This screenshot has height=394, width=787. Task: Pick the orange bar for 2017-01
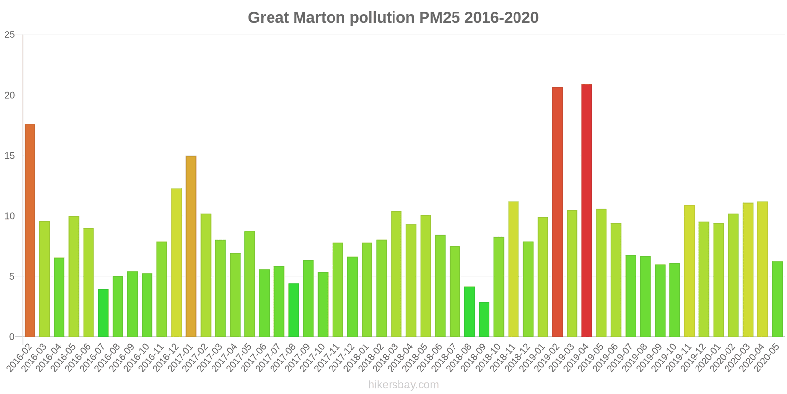point(191,246)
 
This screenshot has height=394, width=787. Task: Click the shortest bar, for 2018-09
point(484,320)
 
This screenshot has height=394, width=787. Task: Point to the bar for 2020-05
point(777,299)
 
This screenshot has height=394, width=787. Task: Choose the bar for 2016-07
point(103,313)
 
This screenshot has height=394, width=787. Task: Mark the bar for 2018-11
point(514,269)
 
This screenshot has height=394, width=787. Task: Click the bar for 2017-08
point(294,310)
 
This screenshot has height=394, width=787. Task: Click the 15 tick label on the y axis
point(10,156)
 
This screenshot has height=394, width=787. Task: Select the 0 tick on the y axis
point(12,337)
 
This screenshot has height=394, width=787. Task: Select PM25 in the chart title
point(440,18)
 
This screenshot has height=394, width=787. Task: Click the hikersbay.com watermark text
point(403,385)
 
